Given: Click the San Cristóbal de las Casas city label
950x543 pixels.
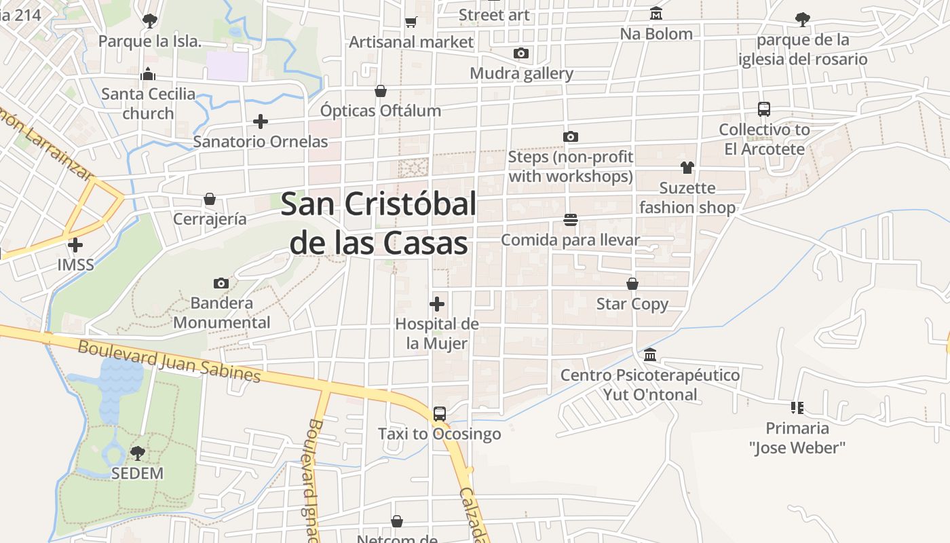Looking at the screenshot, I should (379, 223).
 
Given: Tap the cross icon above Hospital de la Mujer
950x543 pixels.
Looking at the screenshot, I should (438, 303).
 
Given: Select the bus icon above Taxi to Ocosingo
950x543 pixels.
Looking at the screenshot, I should (440, 413).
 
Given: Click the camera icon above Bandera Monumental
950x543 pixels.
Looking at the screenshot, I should (221, 283).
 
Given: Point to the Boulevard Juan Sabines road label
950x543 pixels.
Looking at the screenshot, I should (169, 361).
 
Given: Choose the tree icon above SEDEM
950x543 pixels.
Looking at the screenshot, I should (138, 453).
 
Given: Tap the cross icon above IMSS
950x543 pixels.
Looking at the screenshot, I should (76, 244).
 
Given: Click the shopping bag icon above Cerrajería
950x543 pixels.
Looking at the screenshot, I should (210, 199).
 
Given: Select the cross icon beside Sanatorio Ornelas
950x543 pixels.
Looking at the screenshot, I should (261, 121).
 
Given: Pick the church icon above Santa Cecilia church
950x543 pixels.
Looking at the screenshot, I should (148, 74).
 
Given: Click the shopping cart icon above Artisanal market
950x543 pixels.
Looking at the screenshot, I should (411, 22).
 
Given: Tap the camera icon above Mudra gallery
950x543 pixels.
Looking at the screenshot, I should (521, 53).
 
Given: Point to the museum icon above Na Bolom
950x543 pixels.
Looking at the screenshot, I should (656, 14).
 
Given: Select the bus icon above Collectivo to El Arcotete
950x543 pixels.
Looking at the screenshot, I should (764, 109).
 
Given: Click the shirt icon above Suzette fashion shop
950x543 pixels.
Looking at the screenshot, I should (687, 168).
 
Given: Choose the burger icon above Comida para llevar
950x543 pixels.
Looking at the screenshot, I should (570, 220).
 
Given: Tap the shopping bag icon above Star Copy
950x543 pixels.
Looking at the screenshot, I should (632, 284).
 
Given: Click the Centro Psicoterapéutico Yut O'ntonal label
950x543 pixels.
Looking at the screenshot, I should (650, 385).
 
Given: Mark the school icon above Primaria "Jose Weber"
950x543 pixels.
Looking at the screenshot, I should (797, 408).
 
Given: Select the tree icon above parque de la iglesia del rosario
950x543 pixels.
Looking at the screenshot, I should (803, 20).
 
